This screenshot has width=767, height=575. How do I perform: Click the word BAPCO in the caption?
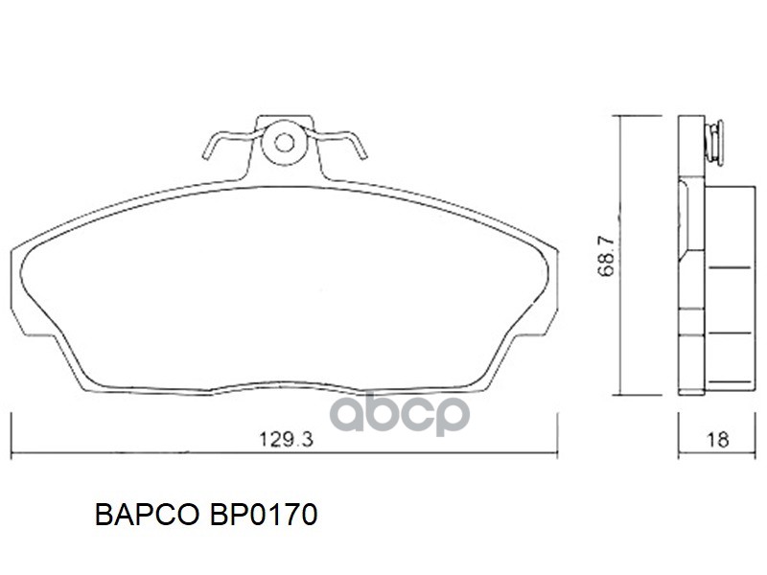(143, 516)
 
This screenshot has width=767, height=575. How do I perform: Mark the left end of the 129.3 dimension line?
(11, 452)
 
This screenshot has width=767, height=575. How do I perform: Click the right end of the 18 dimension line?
(755, 452)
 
